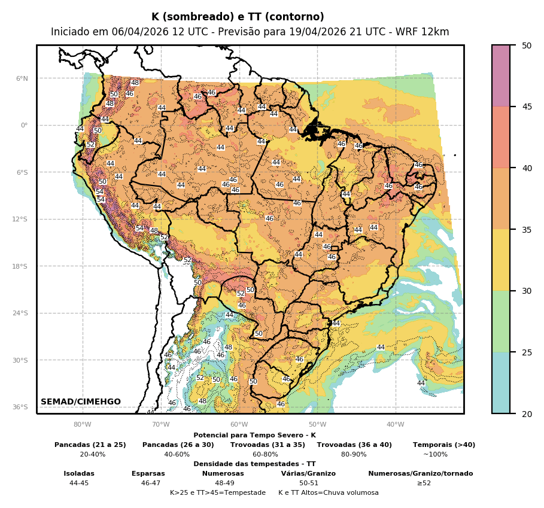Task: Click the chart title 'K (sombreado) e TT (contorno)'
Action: tap(238, 17)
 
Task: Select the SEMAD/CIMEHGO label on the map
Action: tap(81, 401)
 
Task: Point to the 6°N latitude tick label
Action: tap(22, 78)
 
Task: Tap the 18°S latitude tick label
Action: tap(20, 266)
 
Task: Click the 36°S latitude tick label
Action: tap(20, 407)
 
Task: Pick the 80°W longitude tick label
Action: tap(82, 425)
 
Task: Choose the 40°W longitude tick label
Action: tap(395, 425)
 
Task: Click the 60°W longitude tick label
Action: tap(239, 425)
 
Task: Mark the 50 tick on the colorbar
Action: tap(527, 45)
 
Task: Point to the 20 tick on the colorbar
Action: tap(527, 413)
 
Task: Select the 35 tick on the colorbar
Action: tap(527, 229)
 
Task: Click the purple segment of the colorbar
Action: tap(501, 76)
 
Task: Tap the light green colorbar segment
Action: tap(501, 321)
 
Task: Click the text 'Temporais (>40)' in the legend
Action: tap(444, 445)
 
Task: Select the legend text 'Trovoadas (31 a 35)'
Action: tap(268, 445)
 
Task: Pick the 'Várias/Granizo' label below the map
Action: tap(308, 473)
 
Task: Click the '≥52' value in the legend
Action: tap(424, 483)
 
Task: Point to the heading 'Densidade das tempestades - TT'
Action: tap(254, 464)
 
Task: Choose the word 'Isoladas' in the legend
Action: tap(79, 473)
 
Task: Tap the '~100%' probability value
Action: tap(435, 454)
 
